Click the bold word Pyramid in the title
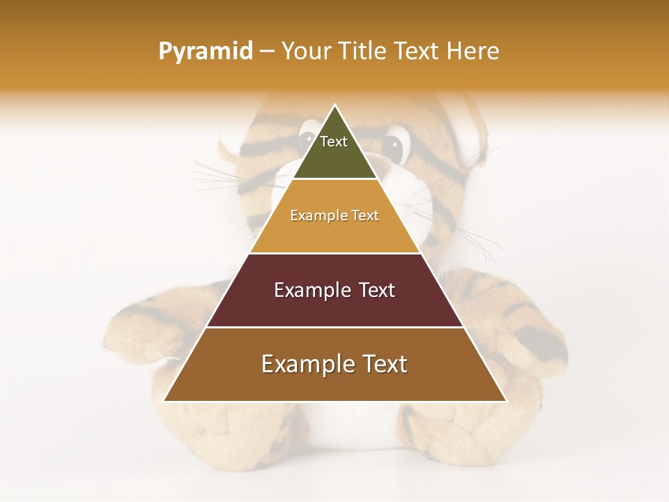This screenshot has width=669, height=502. pos(205,52)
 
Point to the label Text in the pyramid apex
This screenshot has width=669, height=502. pos(334,142)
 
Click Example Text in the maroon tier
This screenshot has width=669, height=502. pos(334,290)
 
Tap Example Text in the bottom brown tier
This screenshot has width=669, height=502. pos(334,364)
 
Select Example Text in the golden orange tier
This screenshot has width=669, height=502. pos(334,215)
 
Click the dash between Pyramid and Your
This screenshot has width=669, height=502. pos(266,52)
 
